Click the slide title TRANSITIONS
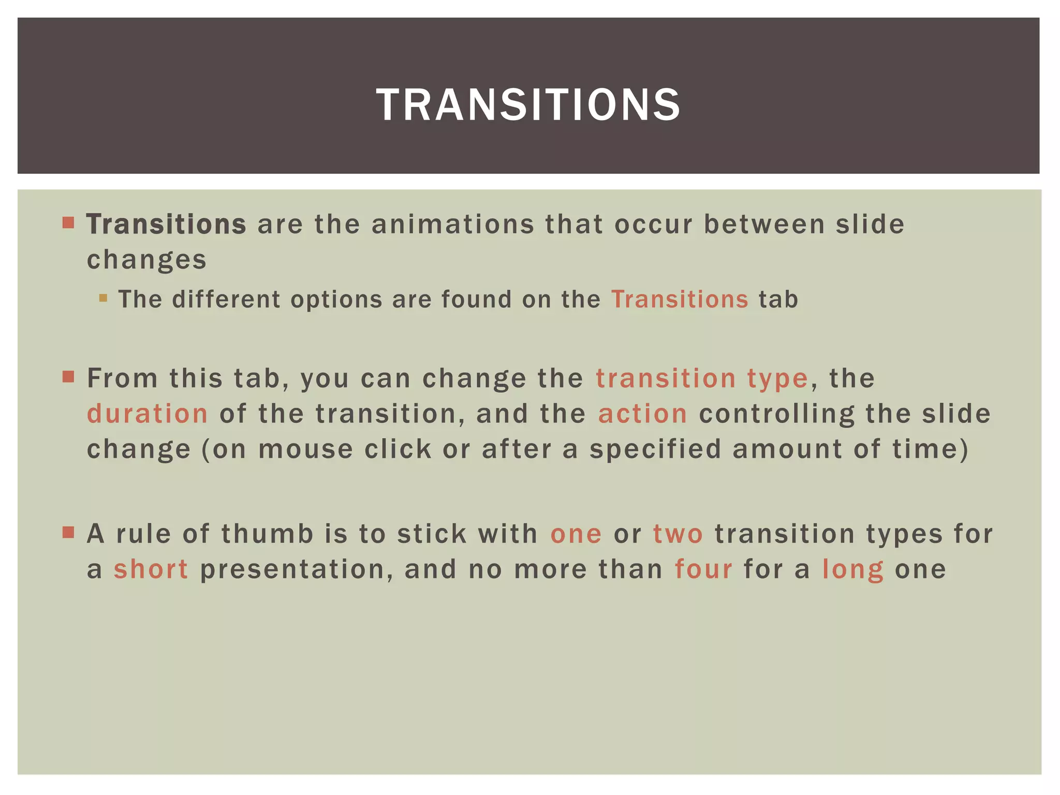[x=528, y=105]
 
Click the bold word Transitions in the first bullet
[x=166, y=225]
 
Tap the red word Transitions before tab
[x=680, y=300]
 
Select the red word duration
[x=148, y=414]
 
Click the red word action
[x=643, y=414]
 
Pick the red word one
[x=576, y=534]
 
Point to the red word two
[x=678, y=534]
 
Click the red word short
[x=151, y=569]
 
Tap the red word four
[x=703, y=569]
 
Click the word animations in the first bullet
[x=453, y=225]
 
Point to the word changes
[x=146, y=260]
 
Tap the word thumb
[x=268, y=534]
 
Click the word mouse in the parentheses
[x=305, y=449]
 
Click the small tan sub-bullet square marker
[x=103, y=298]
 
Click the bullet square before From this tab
[x=68, y=376]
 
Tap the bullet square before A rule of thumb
[x=68, y=532]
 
